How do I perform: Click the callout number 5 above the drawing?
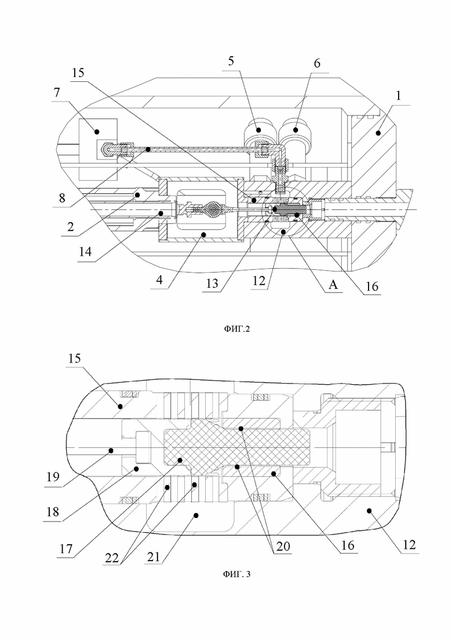[x=231, y=62]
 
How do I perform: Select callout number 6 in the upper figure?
[x=317, y=63]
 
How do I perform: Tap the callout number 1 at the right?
[x=399, y=96]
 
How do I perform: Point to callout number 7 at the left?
[x=57, y=93]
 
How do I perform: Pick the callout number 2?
[x=71, y=226]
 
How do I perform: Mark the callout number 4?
[x=159, y=280]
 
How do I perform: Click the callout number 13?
[x=212, y=283]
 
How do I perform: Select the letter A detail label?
[x=333, y=284]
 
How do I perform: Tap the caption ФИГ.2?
[x=236, y=328]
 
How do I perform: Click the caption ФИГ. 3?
[x=236, y=574]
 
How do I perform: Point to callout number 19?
[x=53, y=477]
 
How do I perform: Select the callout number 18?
[x=53, y=512]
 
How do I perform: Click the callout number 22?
[x=112, y=558]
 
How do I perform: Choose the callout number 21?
[x=154, y=556]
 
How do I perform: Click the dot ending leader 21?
[x=196, y=515]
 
